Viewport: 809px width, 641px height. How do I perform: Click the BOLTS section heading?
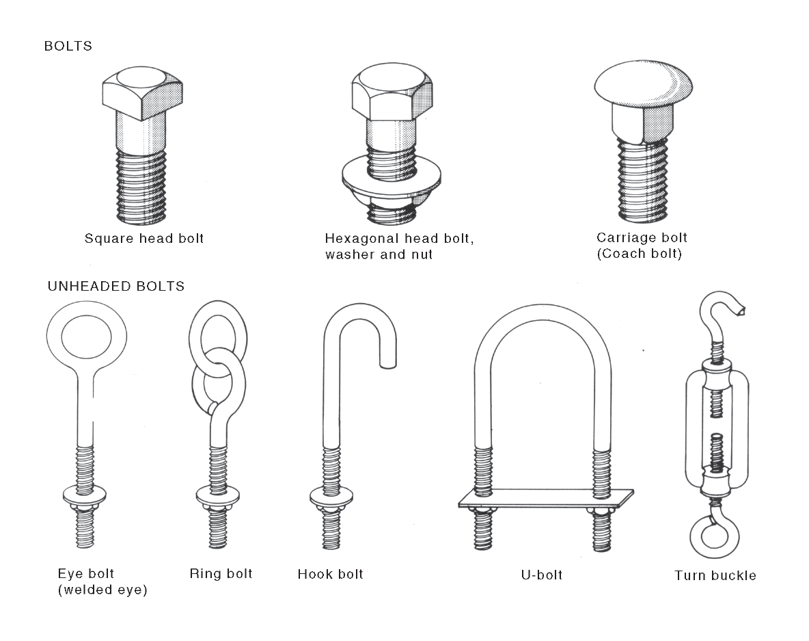[68, 47]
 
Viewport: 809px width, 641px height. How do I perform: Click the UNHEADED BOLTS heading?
[115, 286]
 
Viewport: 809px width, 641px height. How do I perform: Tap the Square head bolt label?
[144, 239]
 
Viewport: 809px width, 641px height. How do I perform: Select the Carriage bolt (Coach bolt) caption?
[642, 246]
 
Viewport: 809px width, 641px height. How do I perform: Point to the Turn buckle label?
[715, 575]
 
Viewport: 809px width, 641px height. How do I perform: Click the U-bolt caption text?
[541, 575]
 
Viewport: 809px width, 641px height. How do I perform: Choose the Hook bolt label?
[330, 574]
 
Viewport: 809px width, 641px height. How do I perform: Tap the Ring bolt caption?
[221, 573]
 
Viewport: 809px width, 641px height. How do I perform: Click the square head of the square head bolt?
[142, 92]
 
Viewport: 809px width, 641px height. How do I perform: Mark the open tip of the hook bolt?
[387, 363]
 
